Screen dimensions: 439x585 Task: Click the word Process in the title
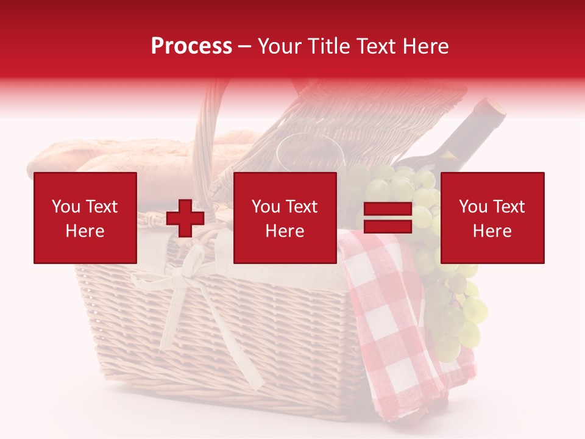click(191, 46)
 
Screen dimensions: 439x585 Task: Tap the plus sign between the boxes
click(185, 218)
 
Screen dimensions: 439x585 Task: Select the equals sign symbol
click(388, 218)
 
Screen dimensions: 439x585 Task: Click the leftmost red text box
click(85, 218)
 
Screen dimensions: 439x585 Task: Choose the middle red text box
click(285, 218)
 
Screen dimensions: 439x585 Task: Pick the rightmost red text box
click(492, 218)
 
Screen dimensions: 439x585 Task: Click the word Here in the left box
click(85, 231)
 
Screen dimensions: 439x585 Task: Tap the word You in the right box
click(473, 207)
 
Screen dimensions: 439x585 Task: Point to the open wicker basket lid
click(341, 116)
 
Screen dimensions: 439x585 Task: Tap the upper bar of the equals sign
click(388, 209)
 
